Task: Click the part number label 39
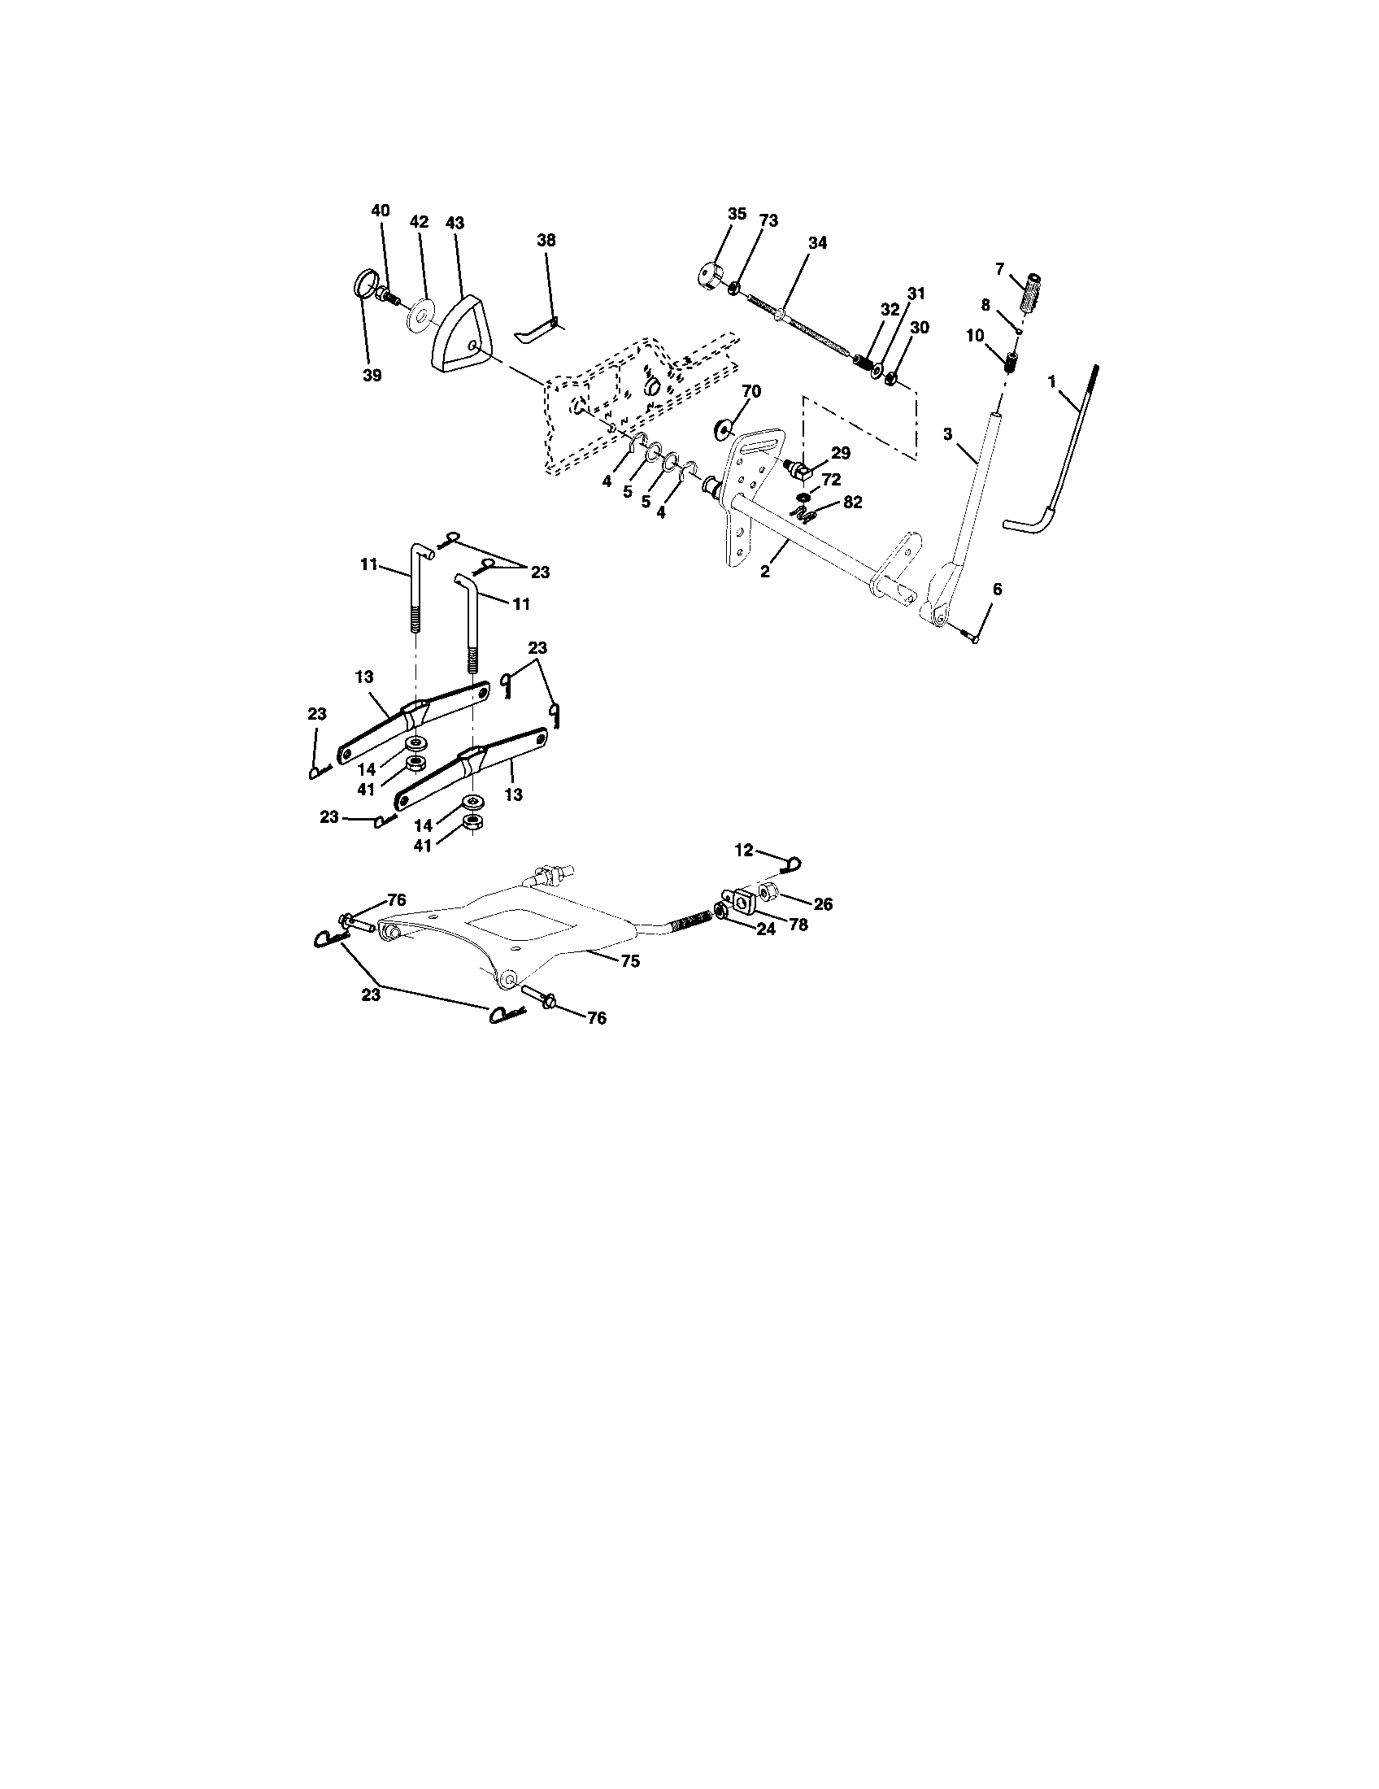[372, 375]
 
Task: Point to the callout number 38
[546, 240]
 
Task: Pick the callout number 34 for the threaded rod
[816, 242]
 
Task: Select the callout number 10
[974, 335]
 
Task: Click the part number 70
[751, 392]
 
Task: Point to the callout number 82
[852, 503]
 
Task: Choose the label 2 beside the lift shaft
[765, 572]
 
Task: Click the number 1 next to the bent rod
[1052, 381]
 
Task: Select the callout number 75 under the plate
[629, 962]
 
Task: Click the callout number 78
[797, 924]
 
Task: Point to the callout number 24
[765, 929]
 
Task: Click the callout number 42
[419, 222]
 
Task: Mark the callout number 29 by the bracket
[840, 453]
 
